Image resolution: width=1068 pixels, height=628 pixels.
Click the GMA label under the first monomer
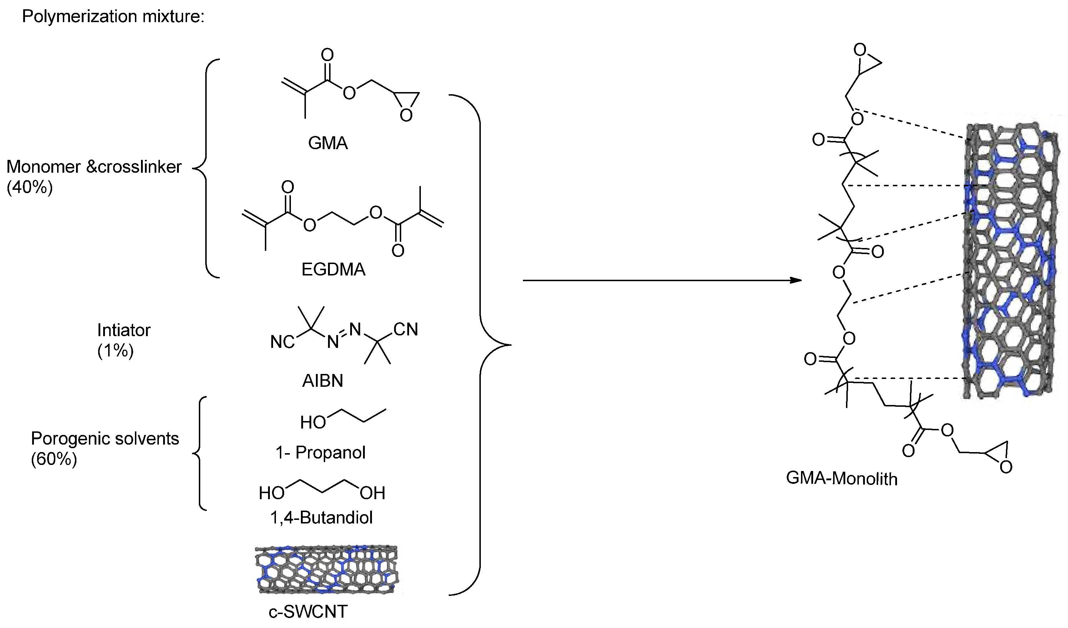click(x=328, y=143)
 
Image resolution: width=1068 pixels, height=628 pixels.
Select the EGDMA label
click(x=333, y=269)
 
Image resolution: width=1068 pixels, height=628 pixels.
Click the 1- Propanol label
click(x=321, y=452)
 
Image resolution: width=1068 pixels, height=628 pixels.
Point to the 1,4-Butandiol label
click(x=321, y=517)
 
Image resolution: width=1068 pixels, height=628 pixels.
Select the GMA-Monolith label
click(x=842, y=479)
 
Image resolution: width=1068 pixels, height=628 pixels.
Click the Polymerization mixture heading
click(x=113, y=16)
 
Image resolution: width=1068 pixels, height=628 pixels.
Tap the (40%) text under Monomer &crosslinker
click(x=30, y=187)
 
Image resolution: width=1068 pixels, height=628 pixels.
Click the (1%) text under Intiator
click(x=115, y=350)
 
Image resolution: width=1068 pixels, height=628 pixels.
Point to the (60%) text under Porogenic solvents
click(x=54, y=459)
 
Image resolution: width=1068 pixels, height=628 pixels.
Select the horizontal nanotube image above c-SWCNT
click(x=326, y=569)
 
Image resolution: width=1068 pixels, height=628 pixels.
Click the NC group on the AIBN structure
click(x=282, y=342)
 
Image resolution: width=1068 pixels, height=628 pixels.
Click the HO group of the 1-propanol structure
click(x=313, y=422)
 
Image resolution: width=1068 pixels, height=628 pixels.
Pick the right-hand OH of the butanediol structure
click(x=373, y=493)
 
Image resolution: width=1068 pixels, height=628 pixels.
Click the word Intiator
click(x=124, y=330)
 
